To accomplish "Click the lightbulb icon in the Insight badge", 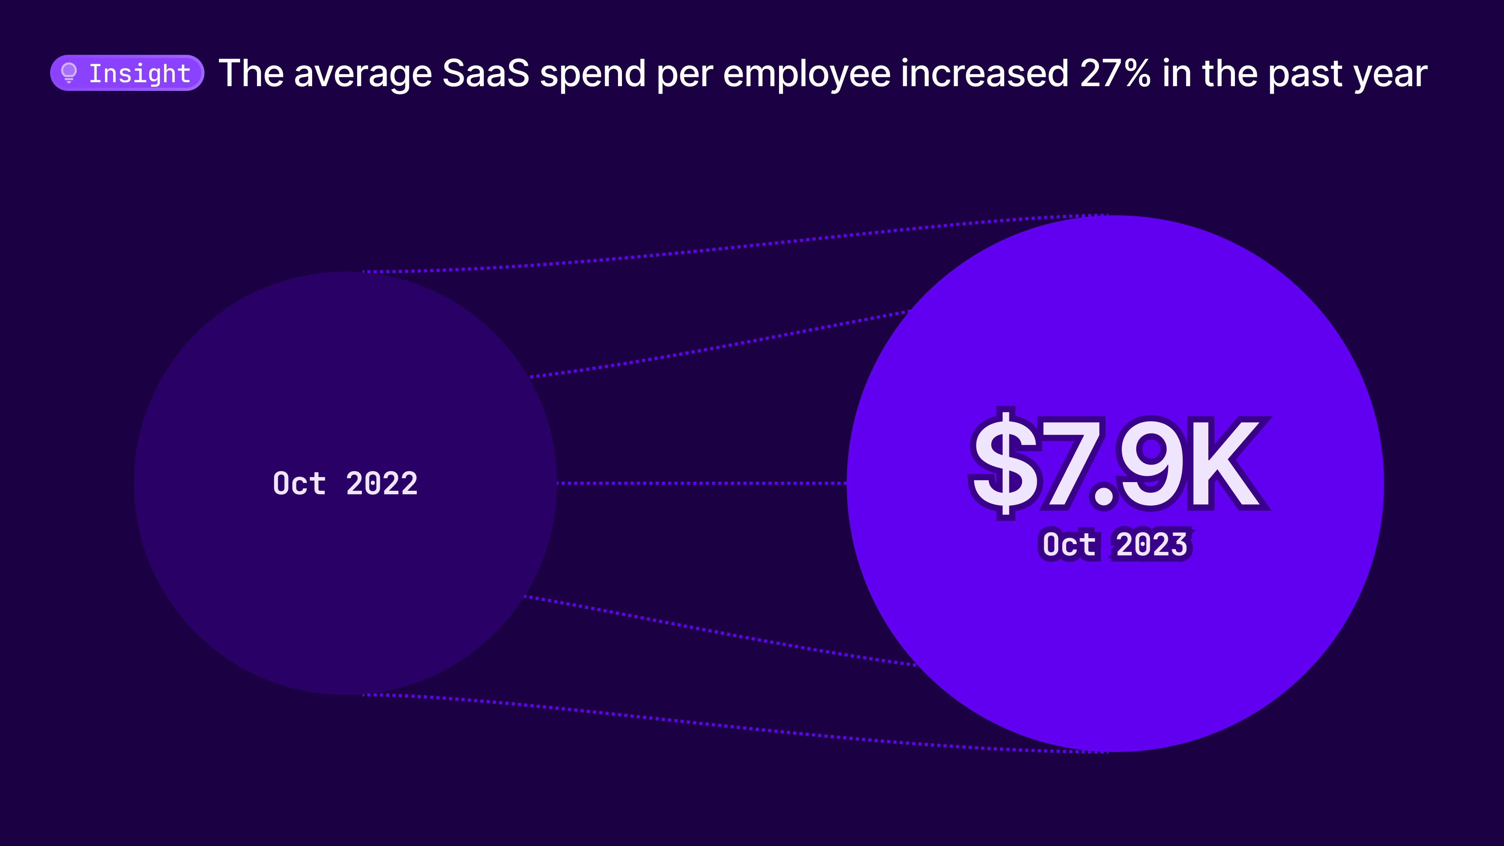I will [69, 73].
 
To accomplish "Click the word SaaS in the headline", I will [485, 74].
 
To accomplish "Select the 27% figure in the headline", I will [1115, 74].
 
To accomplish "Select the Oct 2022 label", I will [345, 483].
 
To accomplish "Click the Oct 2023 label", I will [1115, 544].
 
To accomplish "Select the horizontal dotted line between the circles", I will [701, 483].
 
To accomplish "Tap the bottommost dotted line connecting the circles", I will [730, 726].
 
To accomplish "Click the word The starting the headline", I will [251, 74].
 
